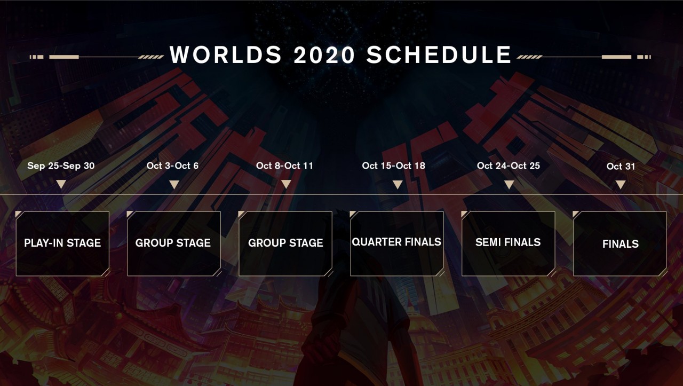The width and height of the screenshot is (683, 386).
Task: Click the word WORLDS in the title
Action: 226,55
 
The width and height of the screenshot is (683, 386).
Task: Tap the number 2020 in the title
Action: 324,55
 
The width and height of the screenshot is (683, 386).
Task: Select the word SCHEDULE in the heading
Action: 439,55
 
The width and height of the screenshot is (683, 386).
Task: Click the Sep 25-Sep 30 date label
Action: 61,166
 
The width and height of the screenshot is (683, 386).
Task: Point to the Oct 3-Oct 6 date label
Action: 172,166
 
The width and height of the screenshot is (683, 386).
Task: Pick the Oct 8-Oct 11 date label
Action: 284,166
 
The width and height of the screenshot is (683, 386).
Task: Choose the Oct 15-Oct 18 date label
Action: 394,166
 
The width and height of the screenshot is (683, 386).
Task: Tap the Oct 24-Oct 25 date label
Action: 509,166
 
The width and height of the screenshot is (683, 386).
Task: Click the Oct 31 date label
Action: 621,166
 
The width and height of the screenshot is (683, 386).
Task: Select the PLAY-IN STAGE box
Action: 62,243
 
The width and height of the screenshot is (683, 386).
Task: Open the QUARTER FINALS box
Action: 396,243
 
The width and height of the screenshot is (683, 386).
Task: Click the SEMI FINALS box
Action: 509,243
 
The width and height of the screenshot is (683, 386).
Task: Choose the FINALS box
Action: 620,243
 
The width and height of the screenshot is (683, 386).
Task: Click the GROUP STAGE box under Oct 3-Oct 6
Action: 174,243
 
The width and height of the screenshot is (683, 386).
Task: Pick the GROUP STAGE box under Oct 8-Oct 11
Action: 285,243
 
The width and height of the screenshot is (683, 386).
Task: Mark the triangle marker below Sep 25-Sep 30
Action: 61,184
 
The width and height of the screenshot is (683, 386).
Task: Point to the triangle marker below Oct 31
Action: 621,184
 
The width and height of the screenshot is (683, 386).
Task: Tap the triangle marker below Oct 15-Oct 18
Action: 398,184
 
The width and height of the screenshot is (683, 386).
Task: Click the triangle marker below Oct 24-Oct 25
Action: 509,184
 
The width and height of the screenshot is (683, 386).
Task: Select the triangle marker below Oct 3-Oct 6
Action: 174,184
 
